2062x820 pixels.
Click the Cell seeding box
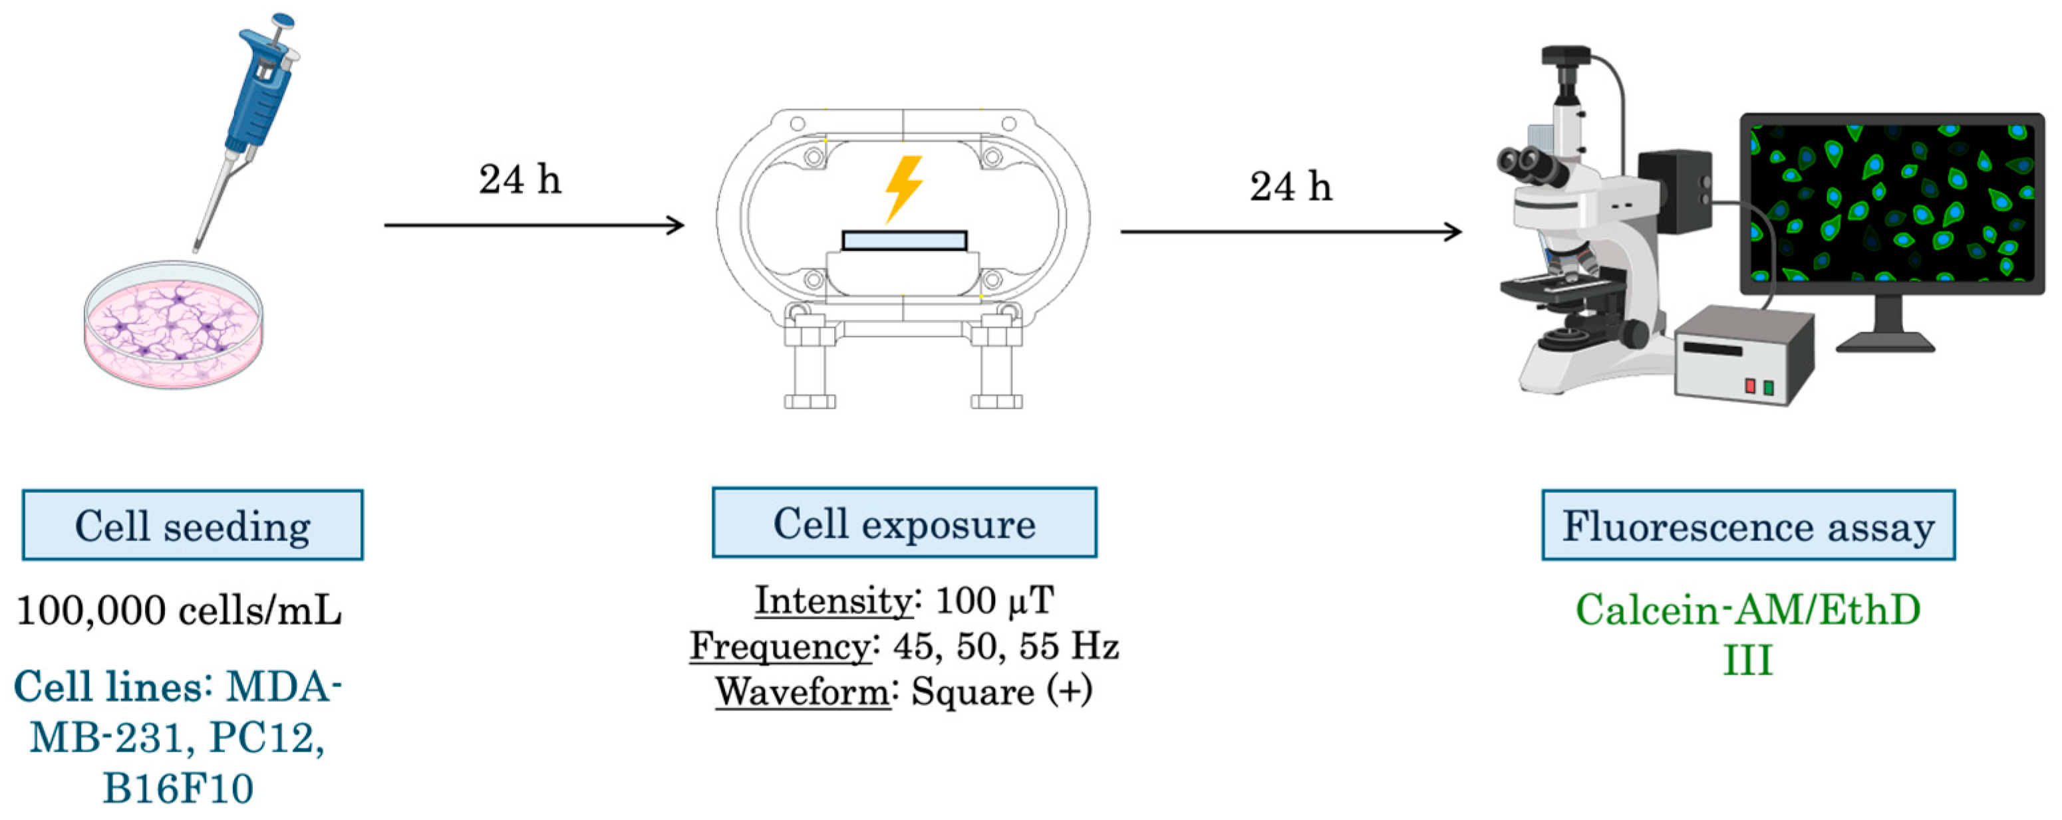click(x=192, y=526)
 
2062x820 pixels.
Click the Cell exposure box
click(x=904, y=523)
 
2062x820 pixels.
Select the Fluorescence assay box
click(x=1748, y=526)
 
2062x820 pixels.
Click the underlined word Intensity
click(x=833, y=601)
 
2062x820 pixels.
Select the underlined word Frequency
click(x=780, y=647)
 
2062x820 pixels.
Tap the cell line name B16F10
click(x=178, y=788)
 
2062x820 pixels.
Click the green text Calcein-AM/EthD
click(x=1747, y=611)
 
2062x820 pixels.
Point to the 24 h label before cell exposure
click(x=519, y=180)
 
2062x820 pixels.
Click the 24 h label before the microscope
click(x=1290, y=187)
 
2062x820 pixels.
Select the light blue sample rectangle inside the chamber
click(x=904, y=241)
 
